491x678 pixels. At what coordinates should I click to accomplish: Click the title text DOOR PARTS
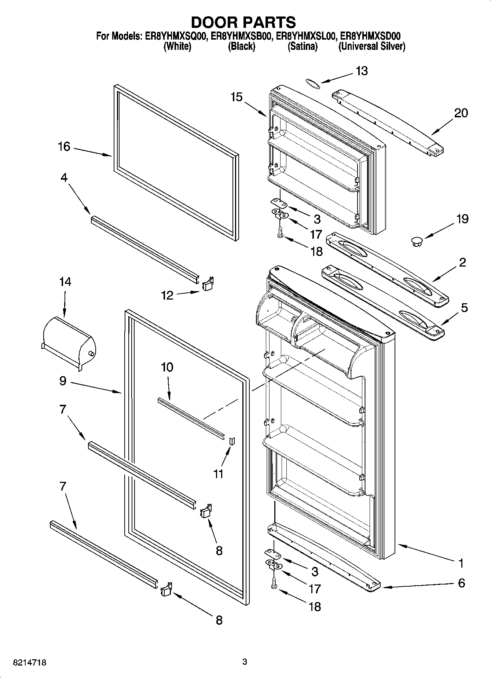pyautogui.click(x=243, y=22)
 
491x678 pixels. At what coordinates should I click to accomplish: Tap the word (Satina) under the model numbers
pyautogui.click(x=303, y=47)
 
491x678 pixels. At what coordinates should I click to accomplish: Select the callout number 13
pyautogui.click(x=362, y=71)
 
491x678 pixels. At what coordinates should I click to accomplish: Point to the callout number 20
pyautogui.click(x=461, y=113)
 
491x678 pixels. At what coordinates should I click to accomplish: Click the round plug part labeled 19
pyautogui.click(x=417, y=241)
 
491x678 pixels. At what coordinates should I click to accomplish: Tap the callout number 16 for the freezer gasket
pyautogui.click(x=64, y=147)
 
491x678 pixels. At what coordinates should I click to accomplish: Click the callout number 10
pyautogui.click(x=167, y=367)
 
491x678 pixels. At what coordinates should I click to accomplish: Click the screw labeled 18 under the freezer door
pyautogui.click(x=280, y=232)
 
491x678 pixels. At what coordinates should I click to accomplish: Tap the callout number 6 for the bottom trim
pyautogui.click(x=461, y=583)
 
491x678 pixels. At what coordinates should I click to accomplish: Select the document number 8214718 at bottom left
pyautogui.click(x=25, y=663)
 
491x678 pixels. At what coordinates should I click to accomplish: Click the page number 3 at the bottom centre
pyautogui.click(x=245, y=662)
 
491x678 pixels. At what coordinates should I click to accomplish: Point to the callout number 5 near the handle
pyautogui.click(x=464, y=308)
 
